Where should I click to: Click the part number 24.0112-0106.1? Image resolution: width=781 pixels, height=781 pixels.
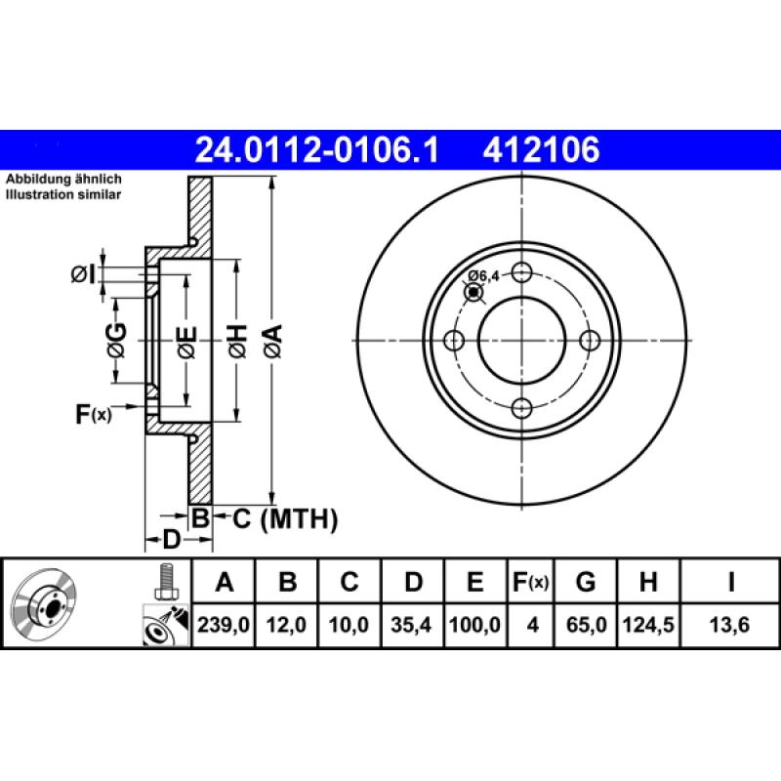317,150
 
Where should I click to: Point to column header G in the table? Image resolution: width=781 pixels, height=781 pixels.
586,583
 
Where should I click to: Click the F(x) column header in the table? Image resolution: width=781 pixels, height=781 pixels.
531,583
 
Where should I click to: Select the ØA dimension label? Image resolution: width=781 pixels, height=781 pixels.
272,340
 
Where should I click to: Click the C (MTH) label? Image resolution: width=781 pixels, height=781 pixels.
284,519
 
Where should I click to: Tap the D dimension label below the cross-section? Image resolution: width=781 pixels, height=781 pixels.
170,540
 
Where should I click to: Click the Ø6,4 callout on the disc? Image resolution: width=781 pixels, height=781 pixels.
483,276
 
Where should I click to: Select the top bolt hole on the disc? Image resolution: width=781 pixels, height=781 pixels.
522,272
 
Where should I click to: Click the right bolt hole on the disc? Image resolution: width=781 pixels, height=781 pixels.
590,340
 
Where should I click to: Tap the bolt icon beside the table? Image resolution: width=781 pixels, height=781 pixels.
165,583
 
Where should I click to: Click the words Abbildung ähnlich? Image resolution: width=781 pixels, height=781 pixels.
63,181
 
